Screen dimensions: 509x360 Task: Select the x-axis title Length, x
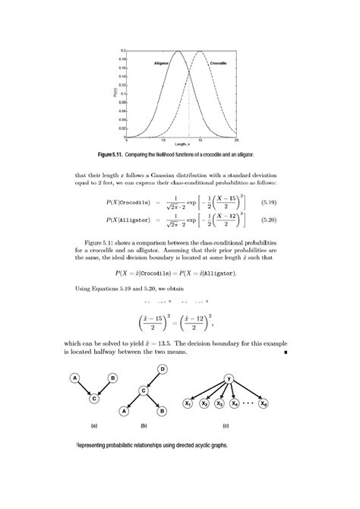point(182,144)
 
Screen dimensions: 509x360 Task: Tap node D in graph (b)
point(162,368)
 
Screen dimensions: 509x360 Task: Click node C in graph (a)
point(93,397)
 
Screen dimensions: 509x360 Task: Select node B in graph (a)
point(112,378)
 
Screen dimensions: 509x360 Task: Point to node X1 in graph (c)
point(187,404)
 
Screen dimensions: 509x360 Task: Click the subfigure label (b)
point(143,426)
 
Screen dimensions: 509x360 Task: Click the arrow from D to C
point(152,380)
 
